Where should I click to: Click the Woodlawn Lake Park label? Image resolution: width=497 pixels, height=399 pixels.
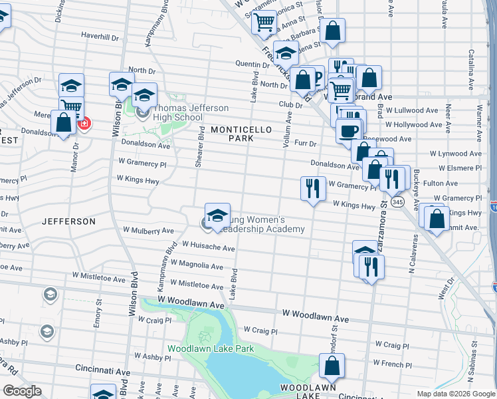[211, 348]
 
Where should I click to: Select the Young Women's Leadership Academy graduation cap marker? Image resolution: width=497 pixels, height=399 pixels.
[217, 215]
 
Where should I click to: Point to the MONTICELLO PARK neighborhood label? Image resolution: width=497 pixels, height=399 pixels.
[242, 134]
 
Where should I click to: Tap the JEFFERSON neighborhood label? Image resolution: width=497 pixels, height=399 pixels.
[68, 221]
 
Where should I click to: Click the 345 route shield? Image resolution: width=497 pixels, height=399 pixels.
[397, 201]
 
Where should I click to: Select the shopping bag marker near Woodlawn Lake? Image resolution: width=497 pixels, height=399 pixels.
[332, 366]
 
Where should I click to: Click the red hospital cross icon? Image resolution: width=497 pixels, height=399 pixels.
[84, 123]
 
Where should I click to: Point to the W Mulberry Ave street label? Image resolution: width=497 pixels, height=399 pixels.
[148, 231]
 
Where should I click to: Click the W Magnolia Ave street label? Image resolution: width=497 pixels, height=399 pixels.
[197, 265]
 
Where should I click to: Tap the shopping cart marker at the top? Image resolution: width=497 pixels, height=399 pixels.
[264, 22]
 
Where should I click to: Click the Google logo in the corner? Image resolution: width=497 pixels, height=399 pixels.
[21, 391]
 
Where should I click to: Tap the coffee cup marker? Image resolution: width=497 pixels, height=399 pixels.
[348, 130]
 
